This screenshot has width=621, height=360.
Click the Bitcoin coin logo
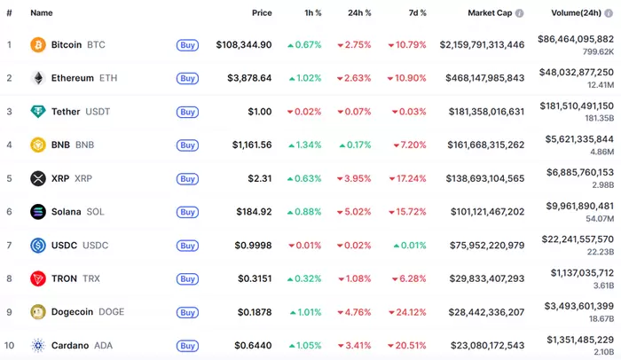point(38,44)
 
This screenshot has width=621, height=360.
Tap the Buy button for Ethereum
point(187,78)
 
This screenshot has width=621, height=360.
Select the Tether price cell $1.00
point(259,112)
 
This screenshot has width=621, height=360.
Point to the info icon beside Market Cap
point(520,13)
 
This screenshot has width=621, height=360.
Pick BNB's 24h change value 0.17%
point(358,145)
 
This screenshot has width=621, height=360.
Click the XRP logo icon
point(38,178)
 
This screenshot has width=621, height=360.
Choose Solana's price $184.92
point(252,212)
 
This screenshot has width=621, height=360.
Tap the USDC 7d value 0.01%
point(411,246)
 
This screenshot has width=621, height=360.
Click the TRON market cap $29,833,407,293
point(482,278)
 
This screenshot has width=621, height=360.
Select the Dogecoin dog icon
point(38,312)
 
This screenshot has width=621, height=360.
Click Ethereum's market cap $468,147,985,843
point(478,78)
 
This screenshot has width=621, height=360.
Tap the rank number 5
point(9,178)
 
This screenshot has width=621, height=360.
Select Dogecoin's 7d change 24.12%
point(406,312)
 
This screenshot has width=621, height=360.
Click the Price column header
point(262,13)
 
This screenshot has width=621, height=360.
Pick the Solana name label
point(67,212)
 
